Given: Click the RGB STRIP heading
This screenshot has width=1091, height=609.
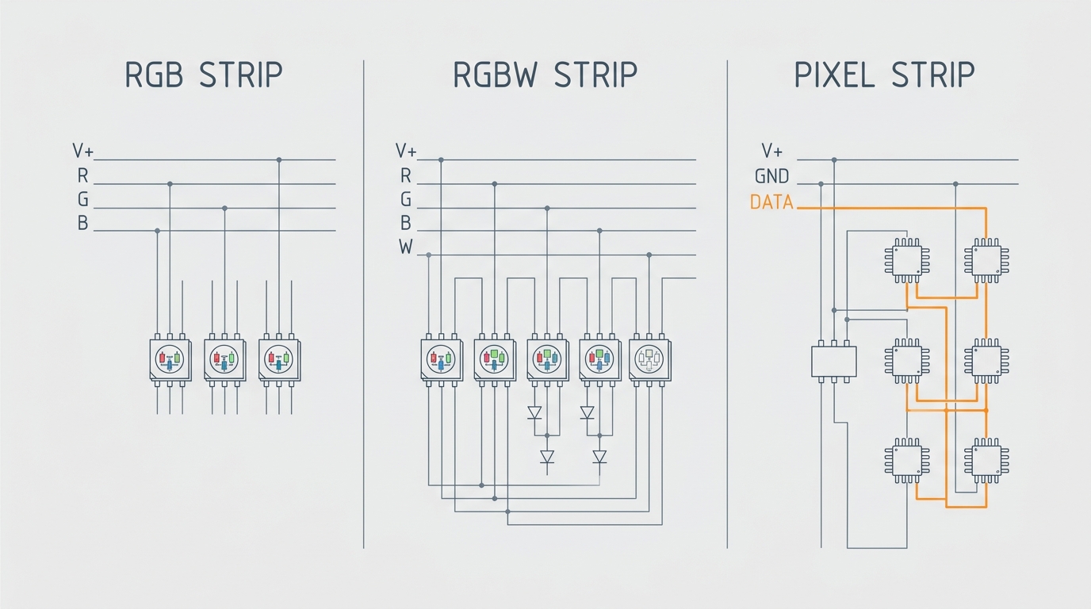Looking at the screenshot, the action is pos(204,75).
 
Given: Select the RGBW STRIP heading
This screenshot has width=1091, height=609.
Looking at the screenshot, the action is pos(545,75).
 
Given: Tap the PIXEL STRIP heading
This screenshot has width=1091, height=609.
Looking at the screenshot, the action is pos(885,75).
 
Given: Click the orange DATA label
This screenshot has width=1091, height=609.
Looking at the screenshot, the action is pos(772,201).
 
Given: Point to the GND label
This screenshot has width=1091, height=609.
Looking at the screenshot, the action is pos(772,176).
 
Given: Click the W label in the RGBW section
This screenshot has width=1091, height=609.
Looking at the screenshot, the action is pos(406,247).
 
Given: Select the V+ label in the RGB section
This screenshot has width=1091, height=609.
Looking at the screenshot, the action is pos(82,151).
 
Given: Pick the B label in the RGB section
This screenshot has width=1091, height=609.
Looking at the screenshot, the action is pos(82,223).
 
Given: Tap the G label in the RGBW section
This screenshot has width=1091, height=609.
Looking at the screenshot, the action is pos(406,199).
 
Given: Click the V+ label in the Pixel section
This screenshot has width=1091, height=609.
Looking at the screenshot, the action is pos(772,151).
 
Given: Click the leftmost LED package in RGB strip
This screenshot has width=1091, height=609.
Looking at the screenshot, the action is pos(170,360).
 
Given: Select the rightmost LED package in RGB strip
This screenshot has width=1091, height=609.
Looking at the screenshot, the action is pos(279,360).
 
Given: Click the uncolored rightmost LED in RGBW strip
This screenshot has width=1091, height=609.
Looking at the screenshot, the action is pos(649,360).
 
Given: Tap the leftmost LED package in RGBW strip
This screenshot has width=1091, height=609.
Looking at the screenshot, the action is pos(442,360).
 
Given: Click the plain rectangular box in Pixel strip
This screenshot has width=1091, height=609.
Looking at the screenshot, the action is pos(834,361).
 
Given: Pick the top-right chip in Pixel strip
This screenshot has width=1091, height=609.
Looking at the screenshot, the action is pos(986,261).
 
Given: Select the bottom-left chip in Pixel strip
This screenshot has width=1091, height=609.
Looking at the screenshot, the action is pos(907,461).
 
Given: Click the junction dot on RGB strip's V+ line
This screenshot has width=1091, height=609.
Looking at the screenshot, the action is pos(279,160).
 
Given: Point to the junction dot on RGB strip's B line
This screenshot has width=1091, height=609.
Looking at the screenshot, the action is pos(157,231).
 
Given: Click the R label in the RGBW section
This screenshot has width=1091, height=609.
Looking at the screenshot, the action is pos(406,175).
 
